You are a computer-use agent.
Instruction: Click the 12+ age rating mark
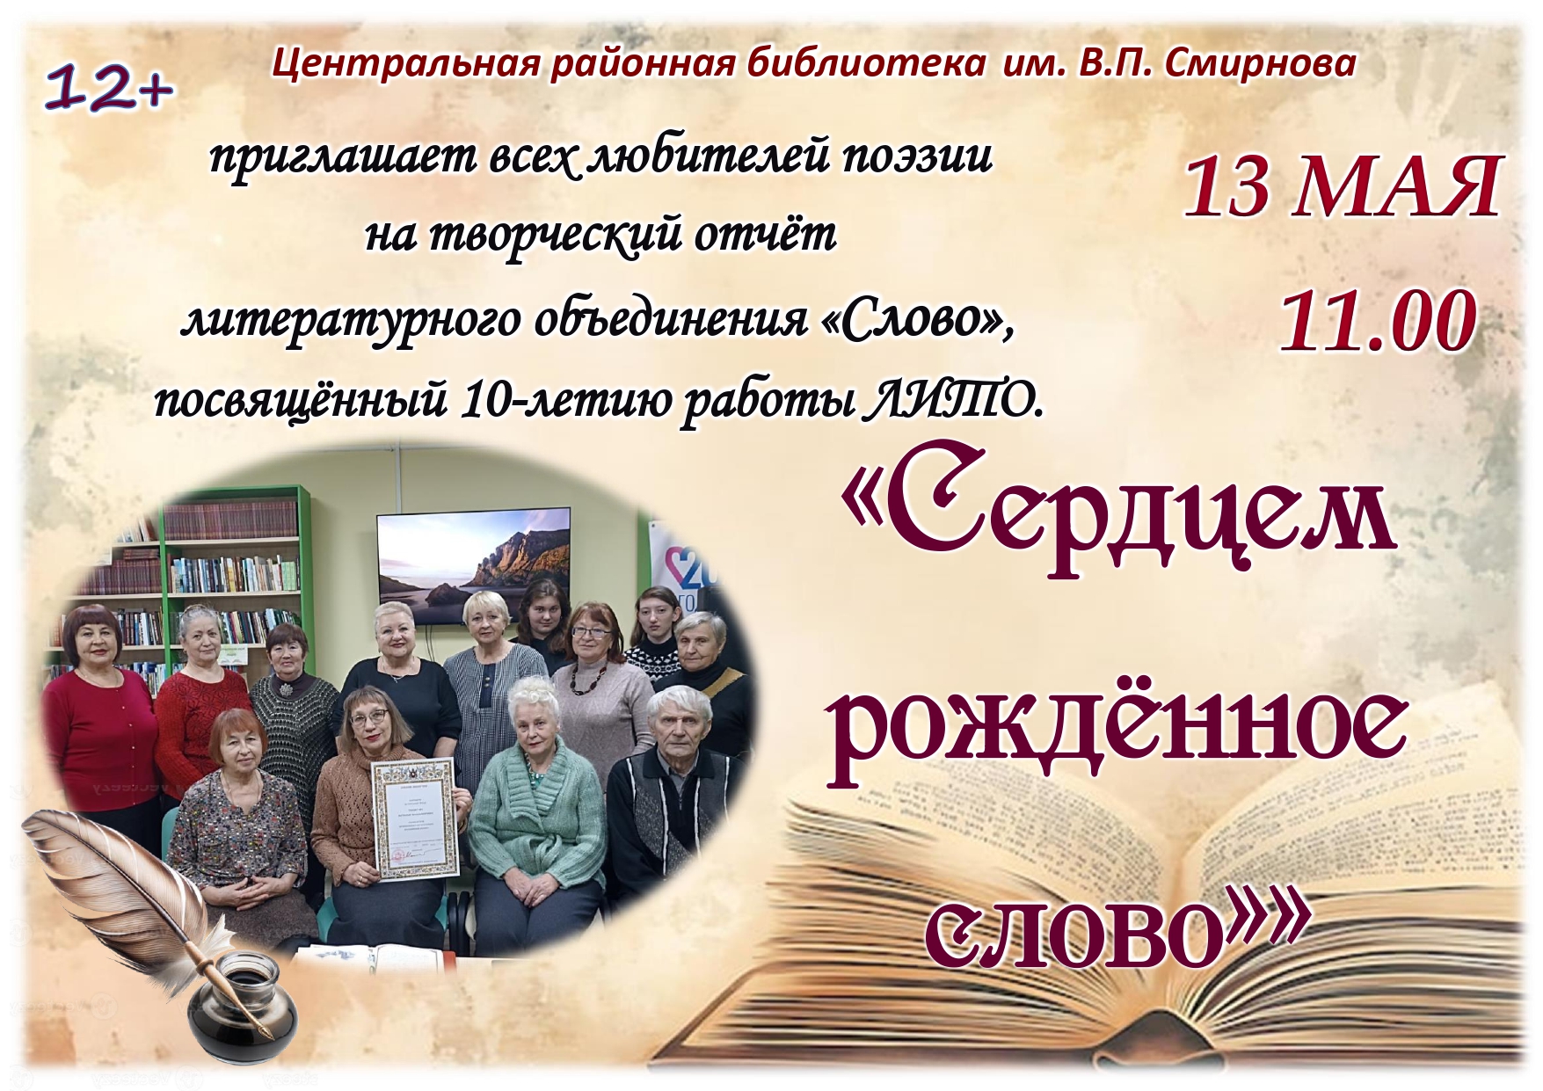point(109,89)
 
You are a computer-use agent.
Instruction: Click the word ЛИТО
point(955,402)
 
